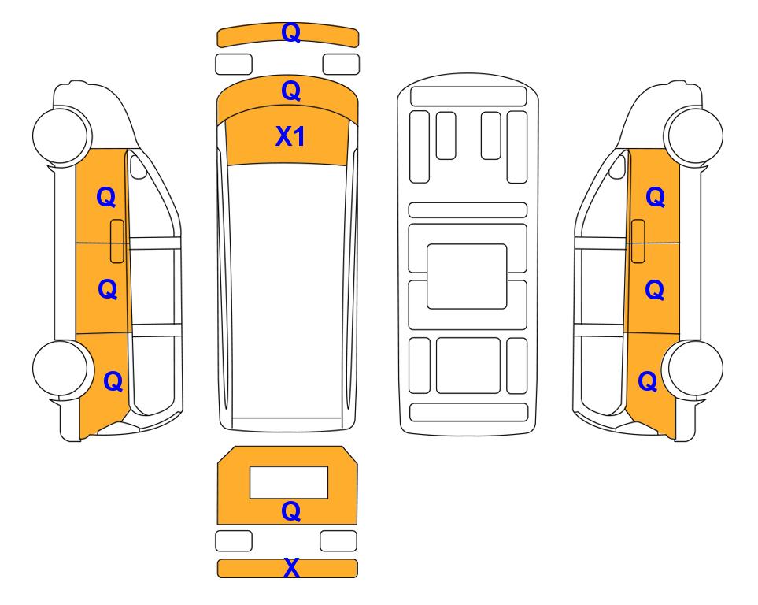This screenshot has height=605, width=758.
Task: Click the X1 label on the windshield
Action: (290, 136)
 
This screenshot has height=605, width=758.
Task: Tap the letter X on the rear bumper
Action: (291, 568)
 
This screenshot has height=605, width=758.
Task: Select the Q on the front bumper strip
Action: (290, 32)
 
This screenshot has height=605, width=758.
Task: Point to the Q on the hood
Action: (290, 91)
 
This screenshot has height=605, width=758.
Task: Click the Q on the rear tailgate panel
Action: (290, 511)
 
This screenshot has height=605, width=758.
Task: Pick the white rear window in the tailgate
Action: (289, 482)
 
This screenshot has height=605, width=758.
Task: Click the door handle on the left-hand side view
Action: (117, 241)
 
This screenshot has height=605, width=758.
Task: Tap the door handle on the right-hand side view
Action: (638, 241)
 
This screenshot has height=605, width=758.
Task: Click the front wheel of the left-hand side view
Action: (62, 135)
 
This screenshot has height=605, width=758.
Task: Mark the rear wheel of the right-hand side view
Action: (693, 369)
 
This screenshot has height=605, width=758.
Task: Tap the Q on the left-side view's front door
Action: (106, 197)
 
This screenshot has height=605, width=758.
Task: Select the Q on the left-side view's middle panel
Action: (107, 289)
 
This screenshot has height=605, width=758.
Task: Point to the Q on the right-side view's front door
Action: (655, 197)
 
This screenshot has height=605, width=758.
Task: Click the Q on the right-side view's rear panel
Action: (647, 381)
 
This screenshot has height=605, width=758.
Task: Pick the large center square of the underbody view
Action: (467, 277)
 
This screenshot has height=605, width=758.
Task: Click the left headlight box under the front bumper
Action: (234, 65)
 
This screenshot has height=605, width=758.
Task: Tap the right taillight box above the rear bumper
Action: (338, 540)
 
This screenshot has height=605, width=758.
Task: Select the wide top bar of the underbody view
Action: (468, 96)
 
